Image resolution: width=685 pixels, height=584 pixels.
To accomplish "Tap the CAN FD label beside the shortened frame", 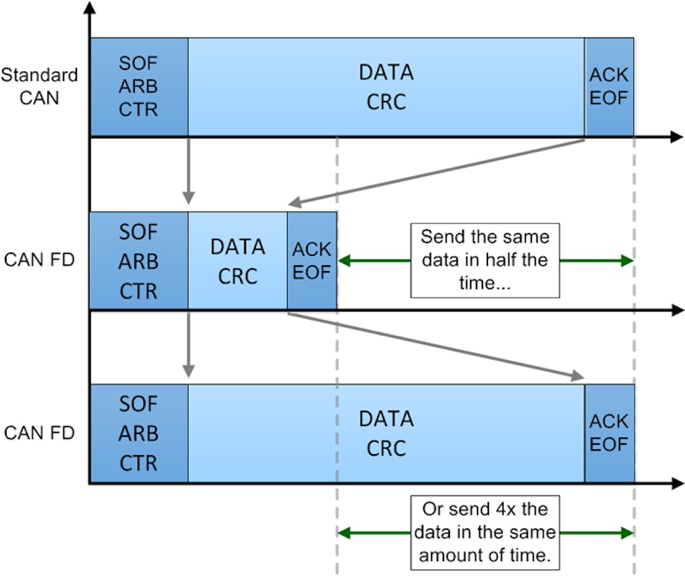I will click(x=39, y=259).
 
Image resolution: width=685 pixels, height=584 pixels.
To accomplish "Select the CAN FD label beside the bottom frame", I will click(x=39, y=433).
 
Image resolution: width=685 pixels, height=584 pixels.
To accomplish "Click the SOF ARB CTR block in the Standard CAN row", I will click(x=138, y=87).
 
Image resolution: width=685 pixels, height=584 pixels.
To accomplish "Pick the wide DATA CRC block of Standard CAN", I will click(x=386, y=87).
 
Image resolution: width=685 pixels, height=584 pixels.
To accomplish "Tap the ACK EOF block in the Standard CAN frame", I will click(x=609, y=87).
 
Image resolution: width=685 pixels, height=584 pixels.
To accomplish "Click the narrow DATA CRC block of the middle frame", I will click(x=237, y=261).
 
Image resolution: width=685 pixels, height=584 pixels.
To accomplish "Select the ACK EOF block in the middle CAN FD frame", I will click(x=311, y=261).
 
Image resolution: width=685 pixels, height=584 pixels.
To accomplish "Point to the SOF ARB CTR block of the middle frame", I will click(x=138, y=261).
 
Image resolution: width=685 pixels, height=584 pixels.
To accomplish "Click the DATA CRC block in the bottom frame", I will click(x=386, y=433).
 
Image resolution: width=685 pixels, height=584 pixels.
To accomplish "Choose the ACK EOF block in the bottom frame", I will click(x=609, y=433).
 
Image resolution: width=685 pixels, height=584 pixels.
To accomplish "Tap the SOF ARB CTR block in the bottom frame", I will click(x=138, y=433).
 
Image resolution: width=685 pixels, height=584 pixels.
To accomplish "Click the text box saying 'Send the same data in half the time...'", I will click(x=485, y=260).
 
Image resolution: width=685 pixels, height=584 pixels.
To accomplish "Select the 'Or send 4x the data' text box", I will click(x=485, y=533).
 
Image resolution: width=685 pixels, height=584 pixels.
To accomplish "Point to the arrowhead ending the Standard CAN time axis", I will click(x=675, y=137).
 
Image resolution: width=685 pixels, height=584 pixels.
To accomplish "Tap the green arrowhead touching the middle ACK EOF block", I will click(x=343, y=261).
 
